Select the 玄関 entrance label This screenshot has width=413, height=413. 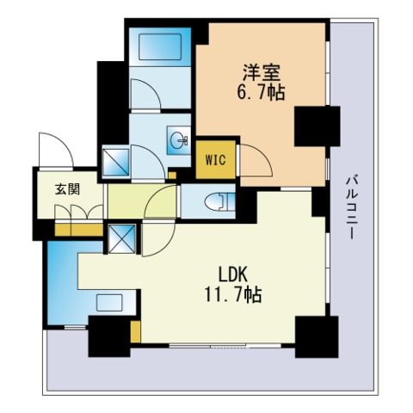tap(56, 189)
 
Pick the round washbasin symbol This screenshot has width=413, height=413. tap(179, 139)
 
